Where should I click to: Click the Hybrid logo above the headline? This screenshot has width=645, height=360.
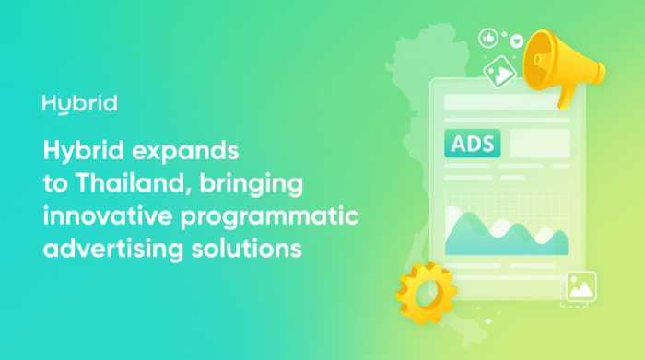80,104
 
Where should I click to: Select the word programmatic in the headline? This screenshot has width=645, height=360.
270,216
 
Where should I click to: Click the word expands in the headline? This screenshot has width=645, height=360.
185,151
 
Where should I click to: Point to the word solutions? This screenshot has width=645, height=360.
247,249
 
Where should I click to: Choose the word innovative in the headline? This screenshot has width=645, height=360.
108,215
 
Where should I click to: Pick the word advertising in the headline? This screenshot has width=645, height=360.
113,249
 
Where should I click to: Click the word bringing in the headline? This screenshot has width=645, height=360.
252,184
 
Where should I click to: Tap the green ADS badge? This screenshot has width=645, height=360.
472,144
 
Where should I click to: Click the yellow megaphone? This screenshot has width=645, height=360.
561,65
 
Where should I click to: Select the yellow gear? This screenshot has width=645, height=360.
427,293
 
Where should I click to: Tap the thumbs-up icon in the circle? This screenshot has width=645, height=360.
488,39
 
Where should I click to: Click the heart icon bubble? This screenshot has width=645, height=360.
517,41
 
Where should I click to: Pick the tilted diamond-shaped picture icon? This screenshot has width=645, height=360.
499,73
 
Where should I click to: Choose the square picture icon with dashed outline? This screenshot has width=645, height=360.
580,288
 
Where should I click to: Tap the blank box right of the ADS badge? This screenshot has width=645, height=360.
540,144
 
